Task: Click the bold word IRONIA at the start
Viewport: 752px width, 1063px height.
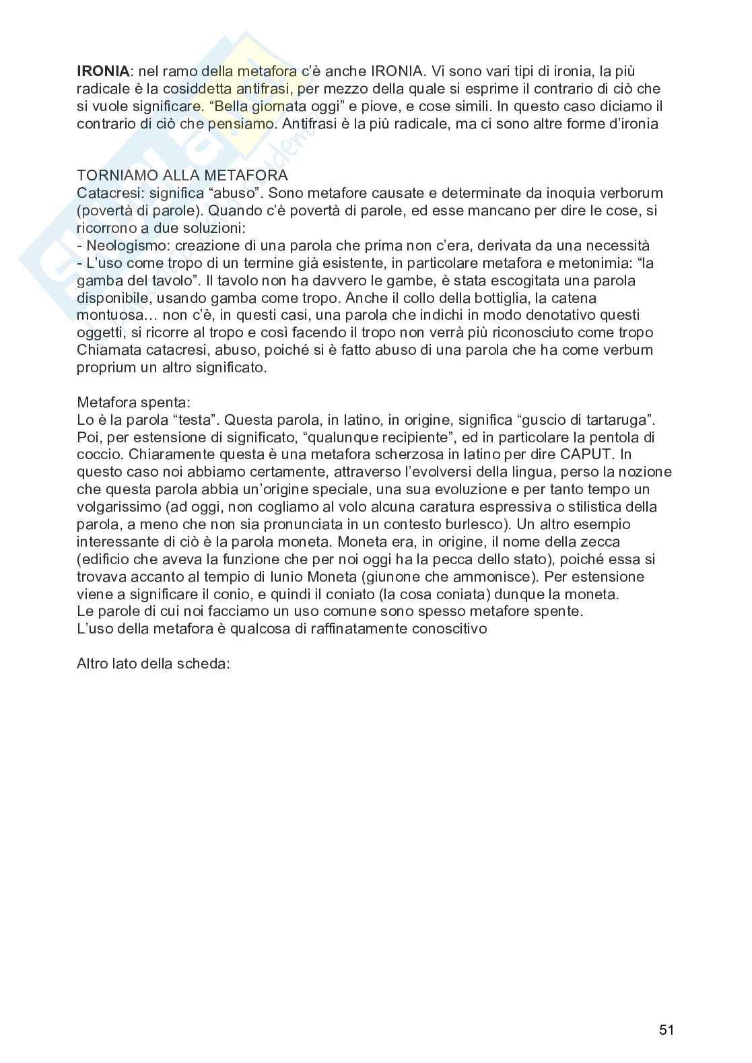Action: [x=102, y=71]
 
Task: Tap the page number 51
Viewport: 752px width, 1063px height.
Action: [x=666, y=1029]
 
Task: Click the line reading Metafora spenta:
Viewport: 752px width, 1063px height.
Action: [x=133, y=403]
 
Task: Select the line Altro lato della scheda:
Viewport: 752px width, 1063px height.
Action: [x=153, y=663]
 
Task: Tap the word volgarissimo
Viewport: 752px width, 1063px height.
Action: [x=118, y=507]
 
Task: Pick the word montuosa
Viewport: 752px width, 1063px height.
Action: [x=107, y=315]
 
